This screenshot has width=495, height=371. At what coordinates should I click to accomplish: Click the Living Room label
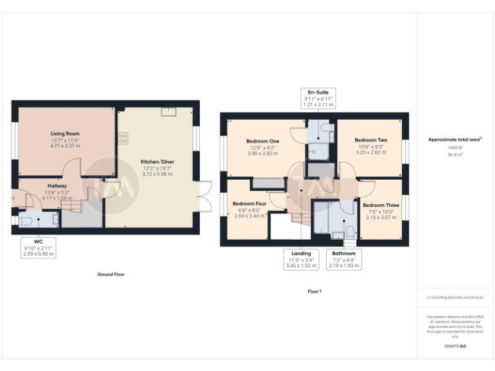coord(64,134)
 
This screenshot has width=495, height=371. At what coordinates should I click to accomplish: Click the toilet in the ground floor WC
coord(25,220)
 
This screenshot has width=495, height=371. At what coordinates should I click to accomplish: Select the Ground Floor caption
coord(111,274)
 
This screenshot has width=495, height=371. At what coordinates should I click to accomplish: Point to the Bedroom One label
coord(262,141)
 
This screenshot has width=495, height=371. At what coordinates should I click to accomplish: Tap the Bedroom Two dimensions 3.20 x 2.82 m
coord(370,153)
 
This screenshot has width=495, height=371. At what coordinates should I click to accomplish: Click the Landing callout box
coord(300,259)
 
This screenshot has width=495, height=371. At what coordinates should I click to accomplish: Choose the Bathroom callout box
coord(344,259)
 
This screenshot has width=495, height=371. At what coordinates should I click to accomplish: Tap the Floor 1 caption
coord(315,292)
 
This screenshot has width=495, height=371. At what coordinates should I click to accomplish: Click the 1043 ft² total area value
coord(455,147)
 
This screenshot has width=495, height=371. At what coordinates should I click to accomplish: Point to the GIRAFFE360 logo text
coord(454,347)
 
